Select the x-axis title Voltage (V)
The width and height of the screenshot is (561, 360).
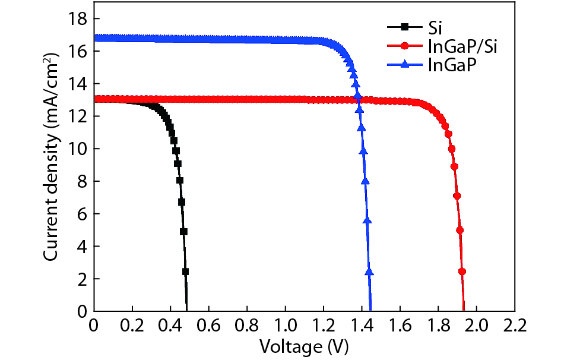[x=303, y=346]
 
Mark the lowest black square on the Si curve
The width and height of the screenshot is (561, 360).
[x=185, y=271]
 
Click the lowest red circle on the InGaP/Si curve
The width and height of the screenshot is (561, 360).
[x=462, y=271]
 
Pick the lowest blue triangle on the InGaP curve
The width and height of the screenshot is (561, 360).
[x=369, y=271]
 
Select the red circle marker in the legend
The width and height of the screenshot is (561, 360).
[x=405, y=46]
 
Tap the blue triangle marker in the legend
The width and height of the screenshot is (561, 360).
[x=405, y=65]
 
